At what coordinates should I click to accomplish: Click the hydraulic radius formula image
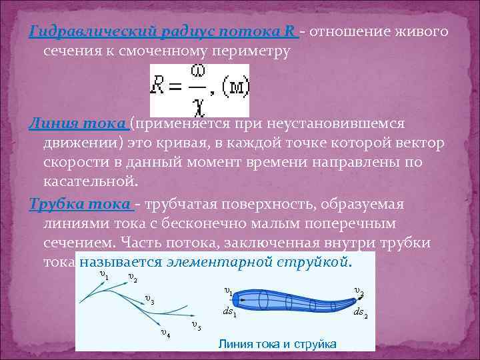[199, 91]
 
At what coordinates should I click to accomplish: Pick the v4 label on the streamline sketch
[165, 333]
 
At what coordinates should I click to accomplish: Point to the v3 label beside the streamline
[149, 300]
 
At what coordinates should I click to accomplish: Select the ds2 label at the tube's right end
[360, 312]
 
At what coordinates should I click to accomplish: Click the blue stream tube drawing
[293, 300]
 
